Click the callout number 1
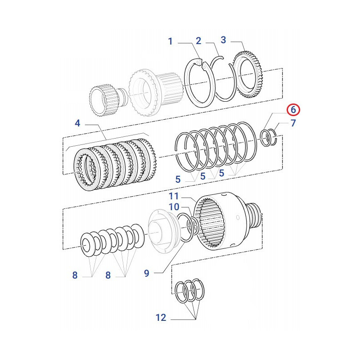171,42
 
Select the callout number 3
224,40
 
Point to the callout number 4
77,123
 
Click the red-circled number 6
292,109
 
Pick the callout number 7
293,123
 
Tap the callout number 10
174,207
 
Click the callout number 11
174,196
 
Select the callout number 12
161,318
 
